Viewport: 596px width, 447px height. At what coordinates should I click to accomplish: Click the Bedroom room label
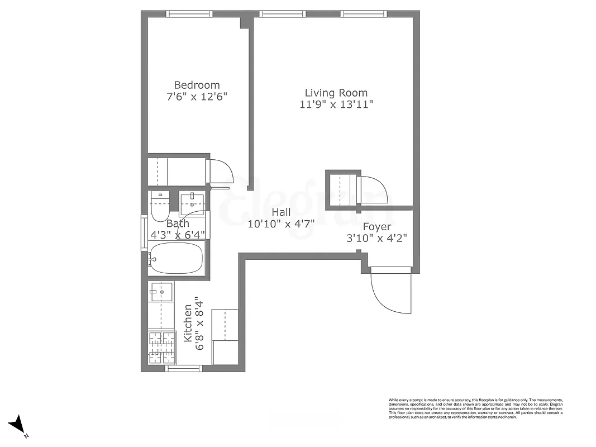[197, 85]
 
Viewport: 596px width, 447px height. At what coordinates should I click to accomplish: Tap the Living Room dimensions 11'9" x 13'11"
[336, 104]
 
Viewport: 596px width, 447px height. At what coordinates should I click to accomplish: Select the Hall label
[281, 212]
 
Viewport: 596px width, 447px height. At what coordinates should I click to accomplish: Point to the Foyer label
[376, 227]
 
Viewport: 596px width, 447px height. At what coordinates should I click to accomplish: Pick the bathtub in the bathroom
[178, 259]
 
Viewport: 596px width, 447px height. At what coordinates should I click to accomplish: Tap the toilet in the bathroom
[159, 206]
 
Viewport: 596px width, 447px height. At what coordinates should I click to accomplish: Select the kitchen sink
[161, 291]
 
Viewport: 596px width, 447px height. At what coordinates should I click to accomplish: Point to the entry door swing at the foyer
[390, 291]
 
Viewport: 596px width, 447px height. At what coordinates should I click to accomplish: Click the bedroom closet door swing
[220, 170]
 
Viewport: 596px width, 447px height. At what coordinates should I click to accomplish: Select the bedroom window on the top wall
[190, 14]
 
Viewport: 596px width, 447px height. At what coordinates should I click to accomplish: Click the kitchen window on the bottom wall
[184, 368]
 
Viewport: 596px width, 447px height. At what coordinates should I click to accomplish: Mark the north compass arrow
[18, 425]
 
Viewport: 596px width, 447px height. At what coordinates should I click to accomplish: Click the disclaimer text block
[475, 408]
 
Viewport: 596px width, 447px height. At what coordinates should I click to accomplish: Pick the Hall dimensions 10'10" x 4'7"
[281, 224]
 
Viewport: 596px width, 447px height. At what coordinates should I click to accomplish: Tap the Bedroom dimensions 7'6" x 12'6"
[197, 96]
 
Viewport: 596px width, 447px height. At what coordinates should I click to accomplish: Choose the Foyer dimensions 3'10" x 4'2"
[376, 238]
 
